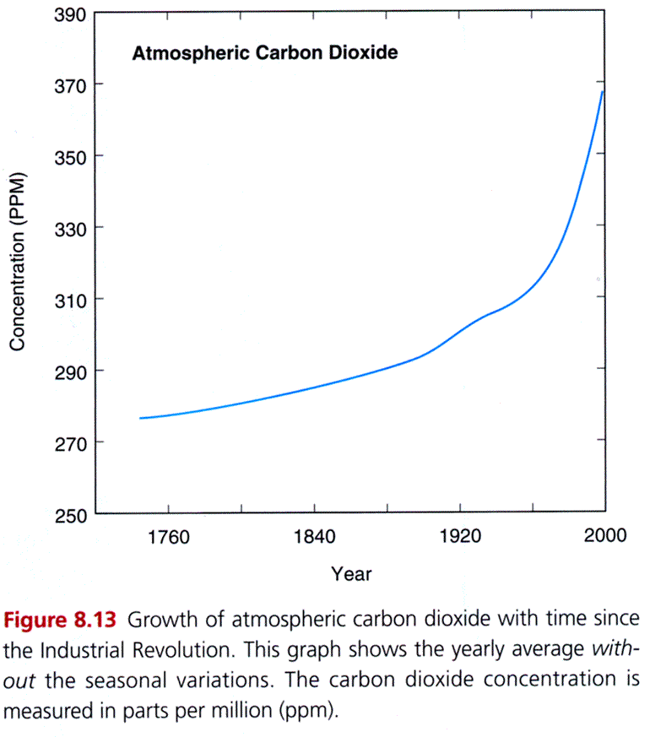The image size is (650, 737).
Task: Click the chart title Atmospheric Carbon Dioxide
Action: [x=265, y=53]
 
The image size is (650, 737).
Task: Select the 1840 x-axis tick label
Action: [x=314, y=538]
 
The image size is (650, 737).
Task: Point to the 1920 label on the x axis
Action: [x=460, y=538]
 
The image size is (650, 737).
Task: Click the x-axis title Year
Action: [x=351, y=574]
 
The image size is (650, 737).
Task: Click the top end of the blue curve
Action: [x=603, y=91]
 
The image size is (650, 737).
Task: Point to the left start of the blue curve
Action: [x=140, y=418]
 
